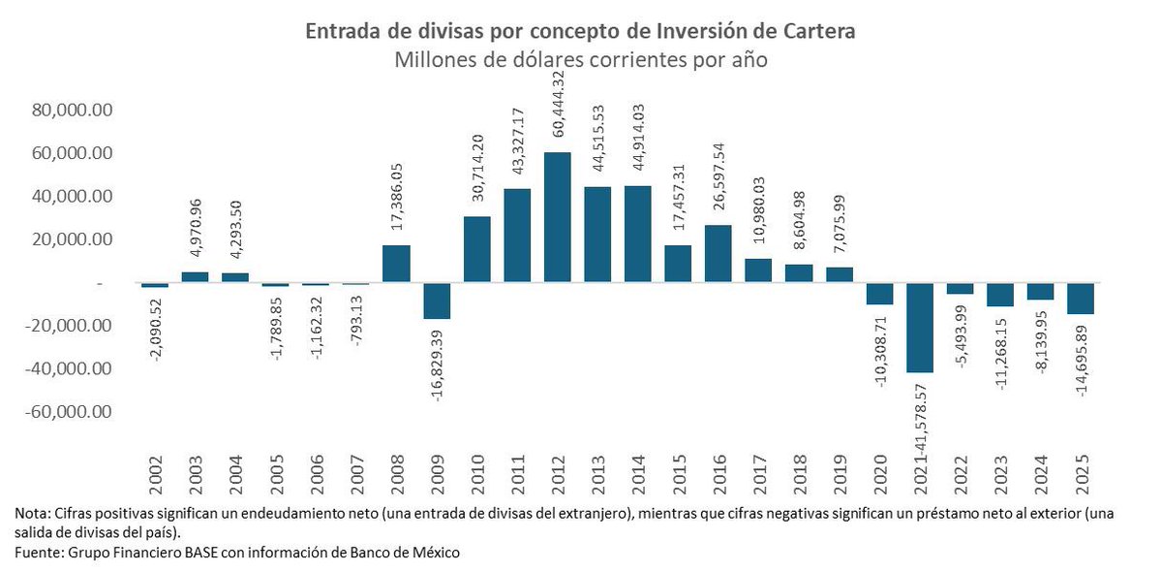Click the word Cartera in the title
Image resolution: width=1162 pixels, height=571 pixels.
pos(815,32)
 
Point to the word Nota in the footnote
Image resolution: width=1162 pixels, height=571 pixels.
pos(30,513)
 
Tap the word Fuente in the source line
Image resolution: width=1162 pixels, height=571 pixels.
pos(39,552)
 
